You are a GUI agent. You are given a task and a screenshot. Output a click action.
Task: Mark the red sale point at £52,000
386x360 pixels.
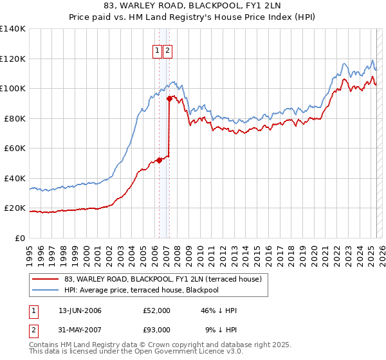159,161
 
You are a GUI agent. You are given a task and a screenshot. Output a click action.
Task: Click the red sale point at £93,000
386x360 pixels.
169,99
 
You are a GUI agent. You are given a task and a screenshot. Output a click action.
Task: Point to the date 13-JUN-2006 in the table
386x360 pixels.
80,310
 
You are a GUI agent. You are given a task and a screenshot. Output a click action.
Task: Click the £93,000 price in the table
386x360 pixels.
157,330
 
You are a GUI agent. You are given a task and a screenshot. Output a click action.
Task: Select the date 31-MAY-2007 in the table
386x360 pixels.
80,330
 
